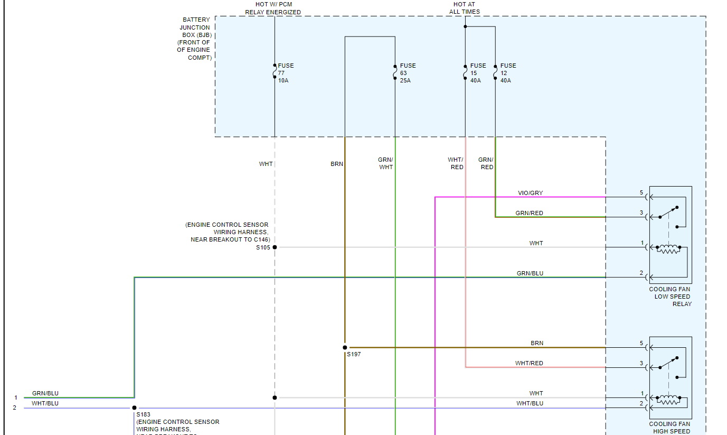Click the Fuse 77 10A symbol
tap(275, 71)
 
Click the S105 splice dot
tap(275, 247)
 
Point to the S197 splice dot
tap(345, 348)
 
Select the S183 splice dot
tap(134, 408)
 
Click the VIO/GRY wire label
tap(530, 193)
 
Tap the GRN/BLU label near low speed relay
tap(530, 273)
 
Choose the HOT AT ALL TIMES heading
tap(465, 8)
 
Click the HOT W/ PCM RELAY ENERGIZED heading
tap(273, 8)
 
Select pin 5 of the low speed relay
tap(641, 193)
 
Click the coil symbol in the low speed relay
tap(668, 249)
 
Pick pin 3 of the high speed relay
tap(641, 363)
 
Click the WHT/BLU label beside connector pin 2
tap(45, 403)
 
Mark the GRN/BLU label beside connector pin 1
tap(45, 393)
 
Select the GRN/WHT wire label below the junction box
tap(386, 163)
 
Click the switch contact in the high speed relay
tap(668, 363)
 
